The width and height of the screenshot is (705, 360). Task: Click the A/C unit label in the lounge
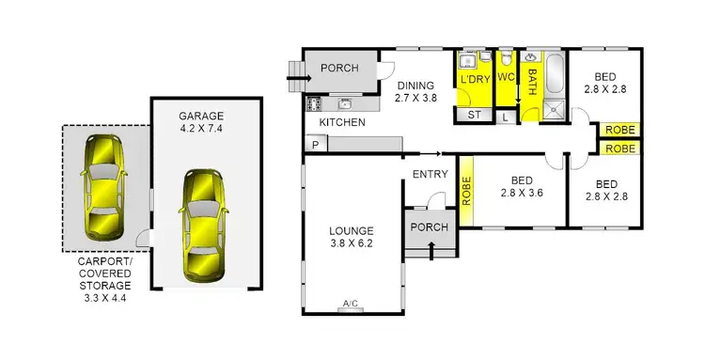click(351, 303)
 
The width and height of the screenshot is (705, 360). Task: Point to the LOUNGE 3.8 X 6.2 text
click(352, 237)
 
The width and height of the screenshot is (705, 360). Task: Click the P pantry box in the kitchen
click(313, 145)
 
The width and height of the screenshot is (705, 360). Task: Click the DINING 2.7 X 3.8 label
click(416, 89)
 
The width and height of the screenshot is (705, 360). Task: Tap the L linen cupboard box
click(505, 117)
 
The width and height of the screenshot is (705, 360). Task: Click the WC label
click(506, 76)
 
